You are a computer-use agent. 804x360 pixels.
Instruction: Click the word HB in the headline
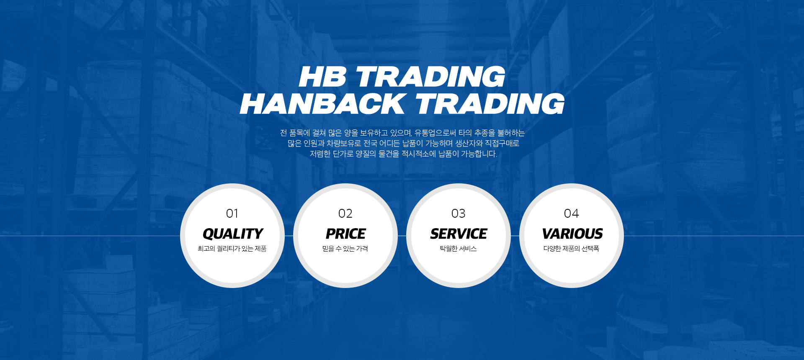pyautogui.click(x=323, y=77)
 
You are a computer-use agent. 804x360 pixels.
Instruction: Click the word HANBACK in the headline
pyautogui.click(x=322, y=104)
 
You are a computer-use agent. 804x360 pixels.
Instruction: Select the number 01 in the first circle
pyautogui.click(x=232, y=213)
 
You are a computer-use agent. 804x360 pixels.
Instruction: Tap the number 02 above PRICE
pyautogui.click(x=345, y=213)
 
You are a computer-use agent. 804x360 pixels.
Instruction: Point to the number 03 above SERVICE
pyautogui.click(x=459, y=213)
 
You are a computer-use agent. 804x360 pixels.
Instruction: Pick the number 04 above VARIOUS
pyautogui.click(x=572, y=213)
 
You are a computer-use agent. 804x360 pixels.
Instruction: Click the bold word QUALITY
pyautogui.click(x=233, y=234)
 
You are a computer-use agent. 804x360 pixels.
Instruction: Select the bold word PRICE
pyautogui.click(x=346, y=234)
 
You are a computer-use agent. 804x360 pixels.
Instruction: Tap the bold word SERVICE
pyautogui.click(x=459, y=234)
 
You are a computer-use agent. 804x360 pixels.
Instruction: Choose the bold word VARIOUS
pyautogui.click(x=572, y=234)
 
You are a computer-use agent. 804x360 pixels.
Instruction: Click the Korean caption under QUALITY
pyautogui.click(x=232, y=249)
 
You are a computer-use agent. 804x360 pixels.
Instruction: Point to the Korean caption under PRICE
pyautogui.click(x=345, y=249)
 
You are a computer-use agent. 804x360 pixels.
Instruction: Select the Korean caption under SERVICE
pyautogui.click(x=458, y=249)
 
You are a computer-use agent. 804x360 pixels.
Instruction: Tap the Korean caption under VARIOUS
pyautogui.click(x=571, y=249)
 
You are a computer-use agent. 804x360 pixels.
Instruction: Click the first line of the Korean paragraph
pyautogui.click(x=402, y=133)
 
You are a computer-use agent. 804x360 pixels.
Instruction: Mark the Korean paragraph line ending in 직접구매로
pyautogui.click(x=403, y=144)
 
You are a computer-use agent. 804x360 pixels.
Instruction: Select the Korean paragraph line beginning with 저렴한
pyautogui.click(x=404, y=154)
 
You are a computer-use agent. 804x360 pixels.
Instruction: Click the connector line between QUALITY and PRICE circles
pyautogui.click(x=289, y=236)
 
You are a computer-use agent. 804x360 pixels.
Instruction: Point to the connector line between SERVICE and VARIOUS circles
pyautogui.click(x=515, y=236)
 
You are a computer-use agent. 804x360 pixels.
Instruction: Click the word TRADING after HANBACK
pyautogui.click(x=490, y=104)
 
